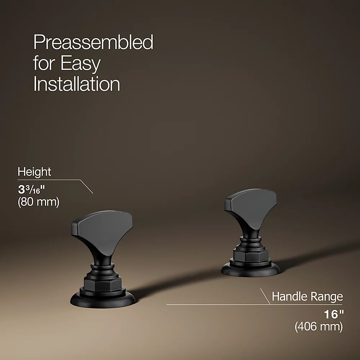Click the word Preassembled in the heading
[x=93, y=42]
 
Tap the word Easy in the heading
[x=81, y=63]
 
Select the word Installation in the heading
[x=77, y=84]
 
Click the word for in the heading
[x=45, y=63]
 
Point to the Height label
[x=35, y=172]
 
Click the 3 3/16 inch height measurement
[x=31, y=190]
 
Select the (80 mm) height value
[x=39, y=202]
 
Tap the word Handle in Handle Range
[x=288, y=296]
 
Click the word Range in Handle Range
[x=325, y=297]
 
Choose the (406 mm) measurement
[x=319, y=326]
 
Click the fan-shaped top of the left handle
[x=102, y=231]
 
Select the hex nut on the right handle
[x=250, y=254]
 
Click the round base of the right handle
[x=250, y=269]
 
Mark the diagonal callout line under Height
[x=86, y=187]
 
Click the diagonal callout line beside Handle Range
[x=265, y=297]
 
